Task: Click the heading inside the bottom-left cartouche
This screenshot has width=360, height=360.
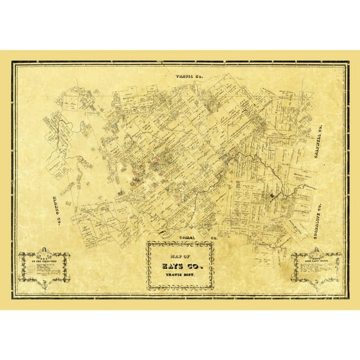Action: pyautogui.click(x=44, y=258)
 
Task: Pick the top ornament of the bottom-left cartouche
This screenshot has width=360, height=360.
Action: pyautogui.click(x=44, y=251)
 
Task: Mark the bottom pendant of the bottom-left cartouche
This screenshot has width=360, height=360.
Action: pyautogui.click(x=44, y=287)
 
